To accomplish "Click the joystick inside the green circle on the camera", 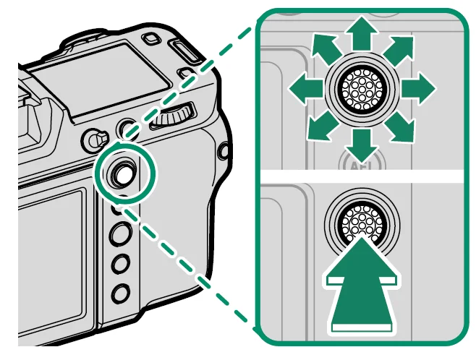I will tap(121, 172).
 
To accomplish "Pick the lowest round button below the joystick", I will tap(122, 293).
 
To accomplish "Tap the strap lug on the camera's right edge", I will tap(223, 151).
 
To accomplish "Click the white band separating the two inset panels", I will tap(361, 176).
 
